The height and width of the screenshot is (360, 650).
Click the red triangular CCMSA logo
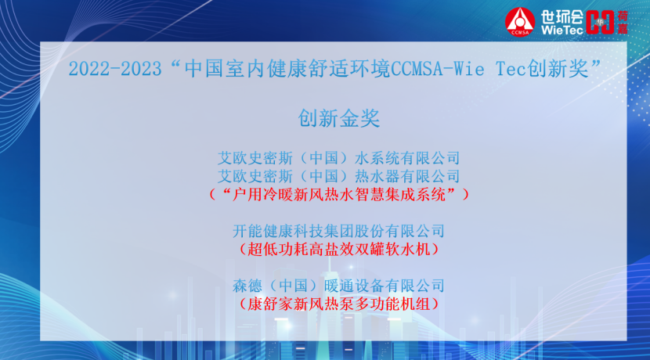(520, 22)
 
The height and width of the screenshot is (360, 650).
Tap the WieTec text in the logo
(562, 30)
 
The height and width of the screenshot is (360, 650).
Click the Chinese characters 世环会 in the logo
(562, 17)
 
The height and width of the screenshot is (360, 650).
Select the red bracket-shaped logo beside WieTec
(600, 22)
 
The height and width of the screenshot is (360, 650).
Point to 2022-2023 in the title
(115, 69)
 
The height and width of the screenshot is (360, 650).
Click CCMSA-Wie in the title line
(437, 68)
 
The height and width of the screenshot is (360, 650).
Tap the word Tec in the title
(511, 68)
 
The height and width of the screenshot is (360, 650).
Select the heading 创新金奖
(338, 118)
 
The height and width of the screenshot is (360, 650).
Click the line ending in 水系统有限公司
(338, 158)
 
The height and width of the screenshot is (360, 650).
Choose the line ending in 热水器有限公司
(338, 176)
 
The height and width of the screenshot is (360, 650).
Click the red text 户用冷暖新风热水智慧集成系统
(338, 194)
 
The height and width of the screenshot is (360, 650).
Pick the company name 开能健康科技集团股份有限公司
(338, 231)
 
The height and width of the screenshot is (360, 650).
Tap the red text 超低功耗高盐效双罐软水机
(338, 249)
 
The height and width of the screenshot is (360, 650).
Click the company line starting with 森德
(338, 286)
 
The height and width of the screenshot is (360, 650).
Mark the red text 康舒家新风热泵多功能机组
(338, 304)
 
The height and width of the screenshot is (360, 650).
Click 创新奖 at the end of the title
(557, 68)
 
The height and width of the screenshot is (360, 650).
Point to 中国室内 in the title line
(225, 68)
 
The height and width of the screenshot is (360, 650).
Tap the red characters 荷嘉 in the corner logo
(623, 23)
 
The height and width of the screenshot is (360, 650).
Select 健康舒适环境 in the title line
(328, 68)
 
